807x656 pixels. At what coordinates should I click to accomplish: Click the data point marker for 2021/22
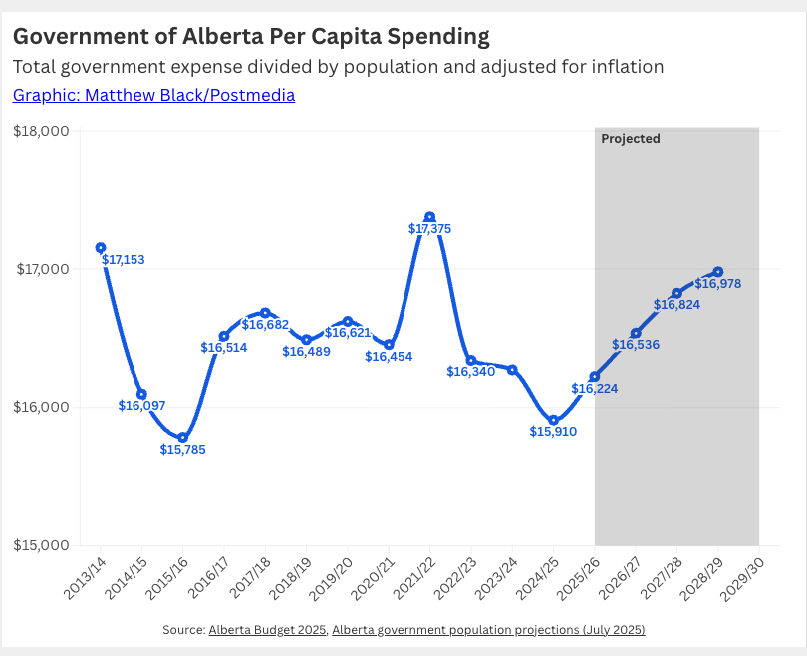pos(429,217)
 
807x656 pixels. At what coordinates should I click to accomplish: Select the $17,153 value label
pos(124,260)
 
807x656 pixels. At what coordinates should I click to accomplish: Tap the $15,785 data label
pos(183,450)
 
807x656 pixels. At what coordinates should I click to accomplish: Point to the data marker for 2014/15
pos(141,395)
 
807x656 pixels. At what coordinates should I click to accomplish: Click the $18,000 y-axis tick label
pos(40,131)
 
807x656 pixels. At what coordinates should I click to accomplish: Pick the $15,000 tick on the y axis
pos(40,545)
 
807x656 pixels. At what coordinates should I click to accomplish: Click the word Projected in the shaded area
pos(631,139)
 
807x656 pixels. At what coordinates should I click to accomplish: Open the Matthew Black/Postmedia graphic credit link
pos(153,96)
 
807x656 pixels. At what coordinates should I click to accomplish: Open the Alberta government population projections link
pos(488,630)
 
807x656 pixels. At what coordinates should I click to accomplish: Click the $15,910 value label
pos(553,432)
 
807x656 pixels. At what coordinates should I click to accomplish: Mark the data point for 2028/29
pos(718,272)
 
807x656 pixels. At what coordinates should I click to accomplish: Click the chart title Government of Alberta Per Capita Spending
pos(251,38)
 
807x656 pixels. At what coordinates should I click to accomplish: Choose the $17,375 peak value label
pos(430,229)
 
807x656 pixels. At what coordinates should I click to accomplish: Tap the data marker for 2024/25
pos(553,420)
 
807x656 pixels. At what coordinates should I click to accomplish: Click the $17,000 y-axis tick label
pos(40,269)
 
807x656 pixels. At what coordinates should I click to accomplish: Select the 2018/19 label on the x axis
pos(294,577)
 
